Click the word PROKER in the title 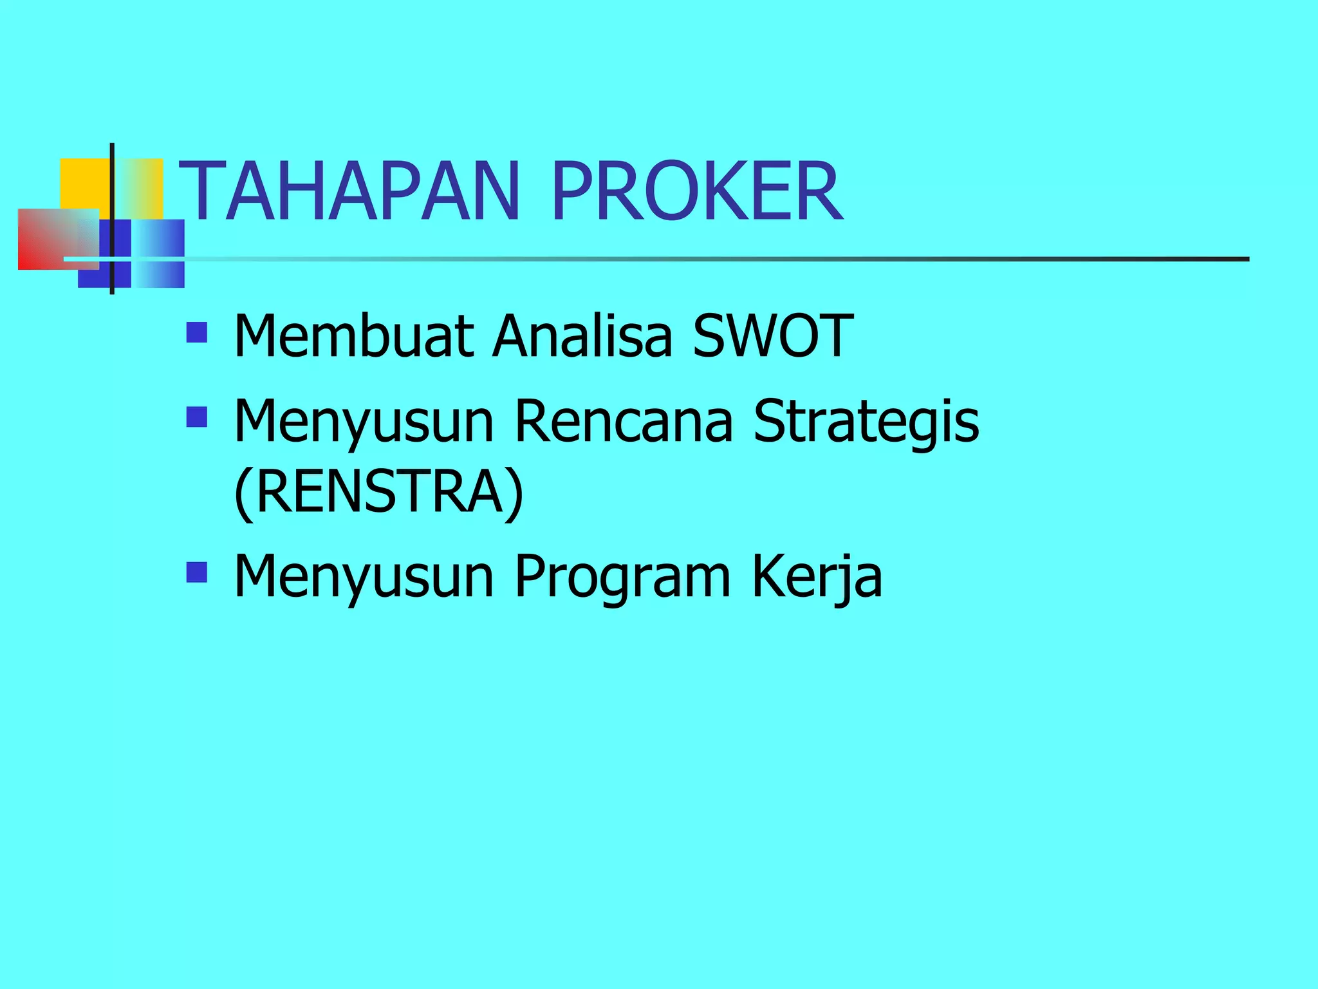coord(696,192)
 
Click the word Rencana coord(624,421)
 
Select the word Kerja coord(817,576)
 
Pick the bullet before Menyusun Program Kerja coord(196,572)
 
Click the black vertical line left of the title coord(112,219)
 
